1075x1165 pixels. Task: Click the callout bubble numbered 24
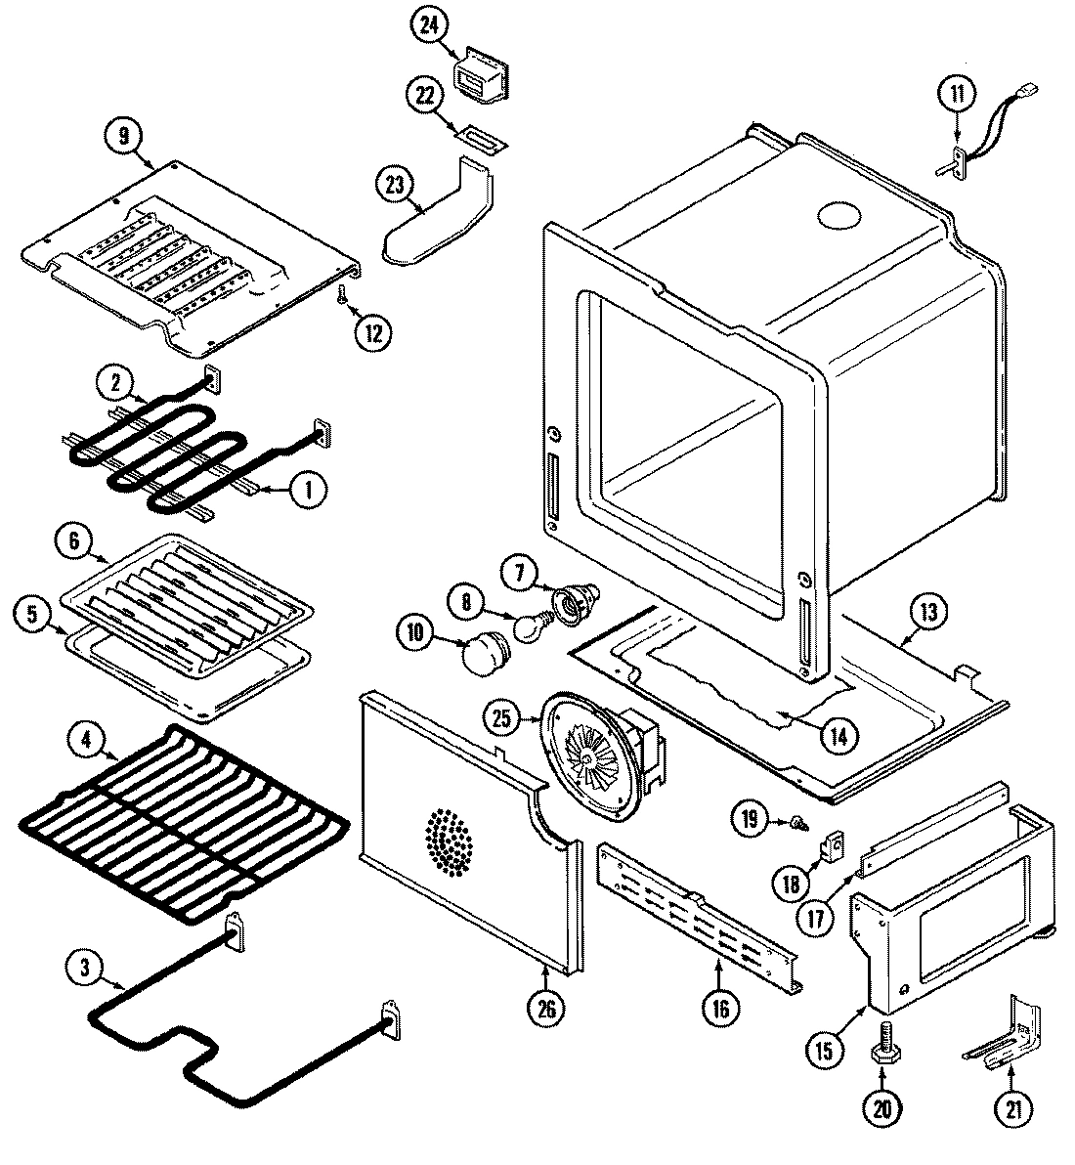pos(427,26)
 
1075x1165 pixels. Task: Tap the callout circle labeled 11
pos(957,95)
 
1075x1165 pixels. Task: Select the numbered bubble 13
pos(927,613)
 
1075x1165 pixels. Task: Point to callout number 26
pos(545,1011)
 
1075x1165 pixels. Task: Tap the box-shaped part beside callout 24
pos(483,76)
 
